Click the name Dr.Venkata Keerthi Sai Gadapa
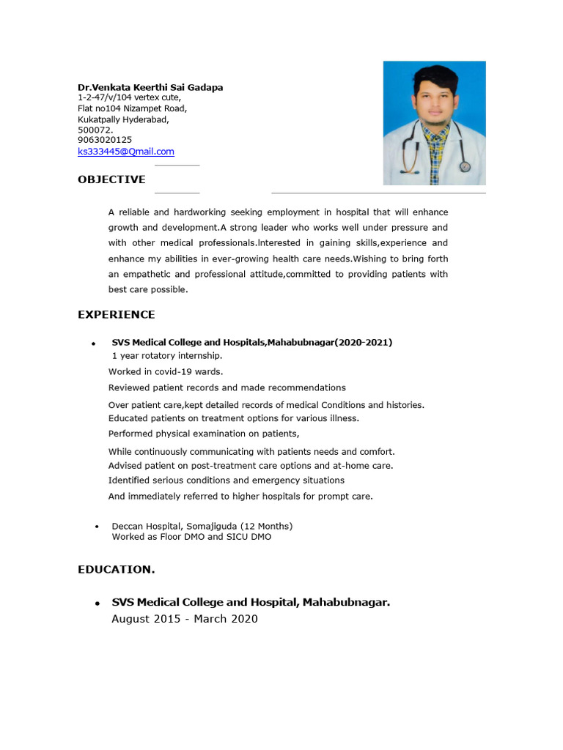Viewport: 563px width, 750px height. pos(150,87)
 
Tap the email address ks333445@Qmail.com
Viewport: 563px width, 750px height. pos(126,152)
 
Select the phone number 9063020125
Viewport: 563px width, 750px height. pos(105,140)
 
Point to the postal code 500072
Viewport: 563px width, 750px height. pos(95,130)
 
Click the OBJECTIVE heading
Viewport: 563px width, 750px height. pos(111,179)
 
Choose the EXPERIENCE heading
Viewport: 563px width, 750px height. pos(117,315)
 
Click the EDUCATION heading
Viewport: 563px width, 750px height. pos(116,569)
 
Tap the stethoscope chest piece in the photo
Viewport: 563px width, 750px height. pos(465,166)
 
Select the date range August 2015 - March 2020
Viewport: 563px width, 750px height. pos(185,619)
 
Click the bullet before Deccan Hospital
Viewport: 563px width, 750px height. pos(97,527)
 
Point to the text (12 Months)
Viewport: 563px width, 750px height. pos(266,526)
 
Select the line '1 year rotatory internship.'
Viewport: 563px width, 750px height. pos(167,355)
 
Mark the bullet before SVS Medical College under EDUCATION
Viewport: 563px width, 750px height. pos(97,604)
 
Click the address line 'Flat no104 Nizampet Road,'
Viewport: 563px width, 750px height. pos(132,108)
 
